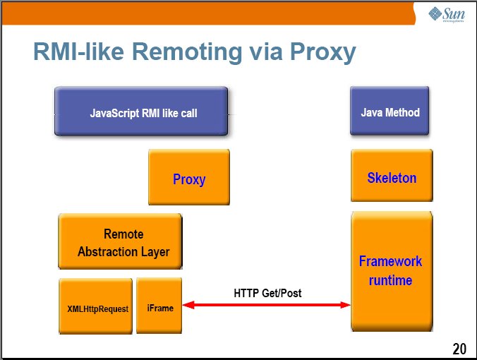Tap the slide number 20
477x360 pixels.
click(459, 348)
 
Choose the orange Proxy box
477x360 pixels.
click(189, 179)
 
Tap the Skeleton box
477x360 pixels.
click(392, 177)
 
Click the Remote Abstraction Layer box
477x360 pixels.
click(121, 242)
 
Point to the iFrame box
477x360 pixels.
click(159, 307)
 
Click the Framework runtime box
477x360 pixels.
click(392, 270)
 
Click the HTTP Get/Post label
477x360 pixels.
click(267, 293)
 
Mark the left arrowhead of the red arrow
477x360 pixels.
click(188, 305)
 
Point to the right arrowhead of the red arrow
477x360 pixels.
click(345, 305)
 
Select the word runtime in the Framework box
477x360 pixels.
click(390, 280)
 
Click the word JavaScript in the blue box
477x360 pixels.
click(116, 112)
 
